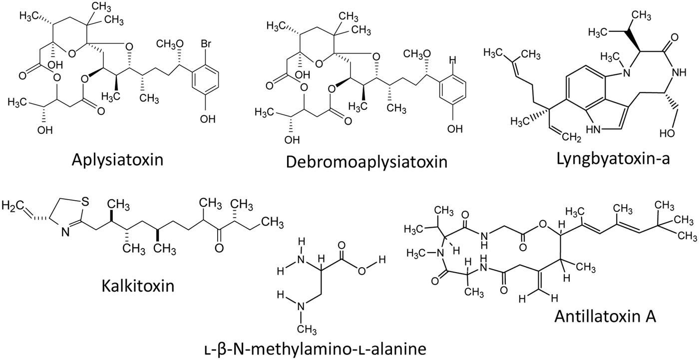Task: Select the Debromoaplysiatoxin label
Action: point(366,162)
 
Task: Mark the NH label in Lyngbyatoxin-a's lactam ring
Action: point(679,72)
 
